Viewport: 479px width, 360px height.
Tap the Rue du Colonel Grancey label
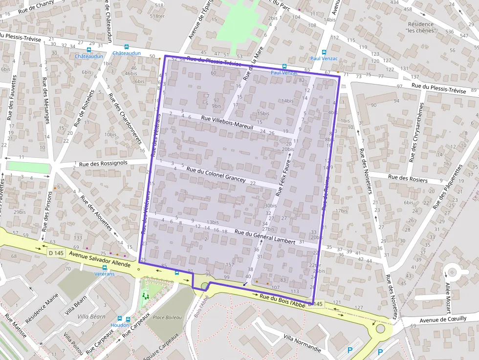coord(216,175)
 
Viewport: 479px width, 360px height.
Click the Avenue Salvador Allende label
coord(100,259)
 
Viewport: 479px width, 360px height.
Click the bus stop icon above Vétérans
coord(104,268)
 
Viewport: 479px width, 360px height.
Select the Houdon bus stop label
coord(120,325)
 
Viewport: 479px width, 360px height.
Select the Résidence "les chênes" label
coord(420,27)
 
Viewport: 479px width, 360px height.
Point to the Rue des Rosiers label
coord(408,178)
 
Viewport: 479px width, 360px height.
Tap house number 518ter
coord(157,16)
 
